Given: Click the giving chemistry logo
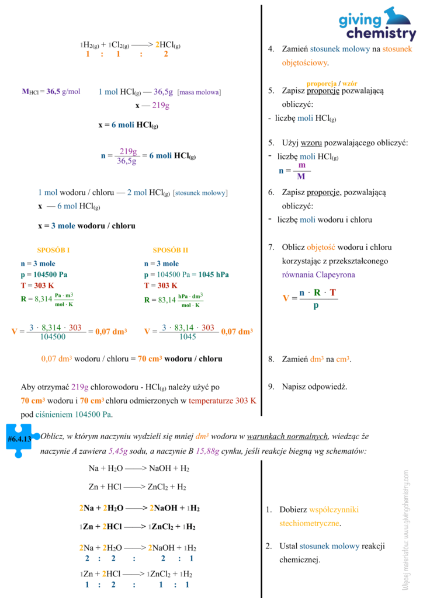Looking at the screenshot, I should click(377, 24).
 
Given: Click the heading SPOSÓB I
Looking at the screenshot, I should click(53, 250).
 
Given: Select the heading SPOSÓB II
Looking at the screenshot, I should click(170, 250).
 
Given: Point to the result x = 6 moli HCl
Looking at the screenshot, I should click(128, 125).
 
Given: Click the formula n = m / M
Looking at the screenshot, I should click(294, 171).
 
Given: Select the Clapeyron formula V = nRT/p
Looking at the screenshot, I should click(310, 298).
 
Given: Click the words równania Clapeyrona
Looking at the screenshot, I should click(318, 274).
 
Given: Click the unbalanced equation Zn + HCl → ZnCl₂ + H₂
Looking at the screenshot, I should click(137, 486).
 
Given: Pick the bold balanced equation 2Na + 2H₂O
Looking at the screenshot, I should click(139, 507).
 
